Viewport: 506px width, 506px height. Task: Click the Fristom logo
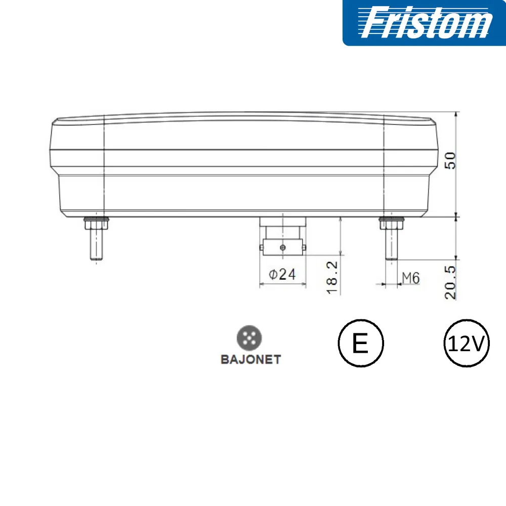click(x=425, y=23)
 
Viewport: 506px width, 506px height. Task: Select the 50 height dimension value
click(x=450, y=160)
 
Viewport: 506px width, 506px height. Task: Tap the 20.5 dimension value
click(x=450, y=283)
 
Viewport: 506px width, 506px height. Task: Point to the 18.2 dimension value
click(x=332, y=278)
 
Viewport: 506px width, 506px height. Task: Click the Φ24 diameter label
click(x=282, y=274)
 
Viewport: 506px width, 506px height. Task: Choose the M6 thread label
click(x=411, y=278)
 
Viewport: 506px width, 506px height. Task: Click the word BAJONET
click(x=251, y=359)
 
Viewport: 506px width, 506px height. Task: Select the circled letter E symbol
click(x=361, y=343)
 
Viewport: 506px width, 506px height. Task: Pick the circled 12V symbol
click(x=467, y=343)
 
